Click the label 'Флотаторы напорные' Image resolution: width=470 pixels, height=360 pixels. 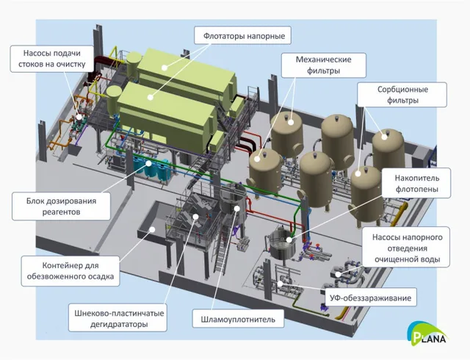tap(243, 36)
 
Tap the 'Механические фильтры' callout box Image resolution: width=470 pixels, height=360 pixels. tap(324, 65)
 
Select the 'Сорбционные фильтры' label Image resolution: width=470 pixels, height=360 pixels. tap(402, 95)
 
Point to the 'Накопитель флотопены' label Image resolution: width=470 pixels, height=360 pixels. tap(416, 183)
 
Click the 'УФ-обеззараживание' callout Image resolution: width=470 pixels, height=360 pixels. tap(371, 298)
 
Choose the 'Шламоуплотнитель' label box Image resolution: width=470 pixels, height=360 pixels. tap(238, 319)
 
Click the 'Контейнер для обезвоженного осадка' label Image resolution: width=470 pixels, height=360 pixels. tap(70, 270)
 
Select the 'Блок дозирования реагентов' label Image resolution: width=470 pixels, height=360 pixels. tap(61, 206)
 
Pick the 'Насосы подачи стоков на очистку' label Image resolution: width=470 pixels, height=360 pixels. tap(52, 59)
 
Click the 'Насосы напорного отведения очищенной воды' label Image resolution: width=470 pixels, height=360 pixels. tap(406, 248)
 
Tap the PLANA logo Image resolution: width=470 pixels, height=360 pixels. tap(427, 333)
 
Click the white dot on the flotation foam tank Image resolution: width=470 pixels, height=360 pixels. tap(289, 240)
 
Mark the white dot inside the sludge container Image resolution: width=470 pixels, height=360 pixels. tap(152, 229)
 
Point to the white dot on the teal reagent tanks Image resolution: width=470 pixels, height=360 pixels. tap(148, 164)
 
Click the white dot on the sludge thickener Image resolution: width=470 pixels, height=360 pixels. tap(236, 208)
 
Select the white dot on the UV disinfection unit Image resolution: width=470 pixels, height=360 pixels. tap(281, 283)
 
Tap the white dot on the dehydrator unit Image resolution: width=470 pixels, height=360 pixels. tap(195, 216)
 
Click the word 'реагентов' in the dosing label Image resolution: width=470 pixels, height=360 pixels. tap(61, 212)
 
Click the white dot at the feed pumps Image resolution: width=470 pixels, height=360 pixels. tap(79, 118)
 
